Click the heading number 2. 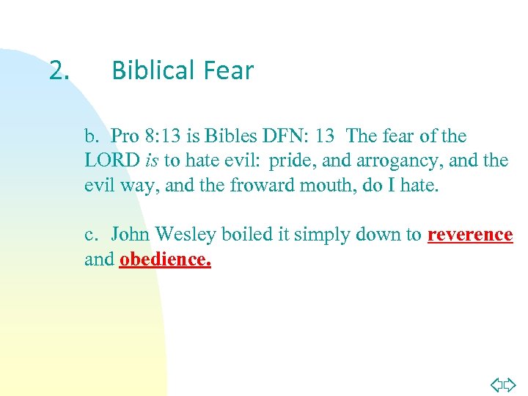coord(59,70)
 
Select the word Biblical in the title coord(153,70)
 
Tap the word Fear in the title coord(227,70)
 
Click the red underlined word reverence coord(470,235)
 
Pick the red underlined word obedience coord(165,260)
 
